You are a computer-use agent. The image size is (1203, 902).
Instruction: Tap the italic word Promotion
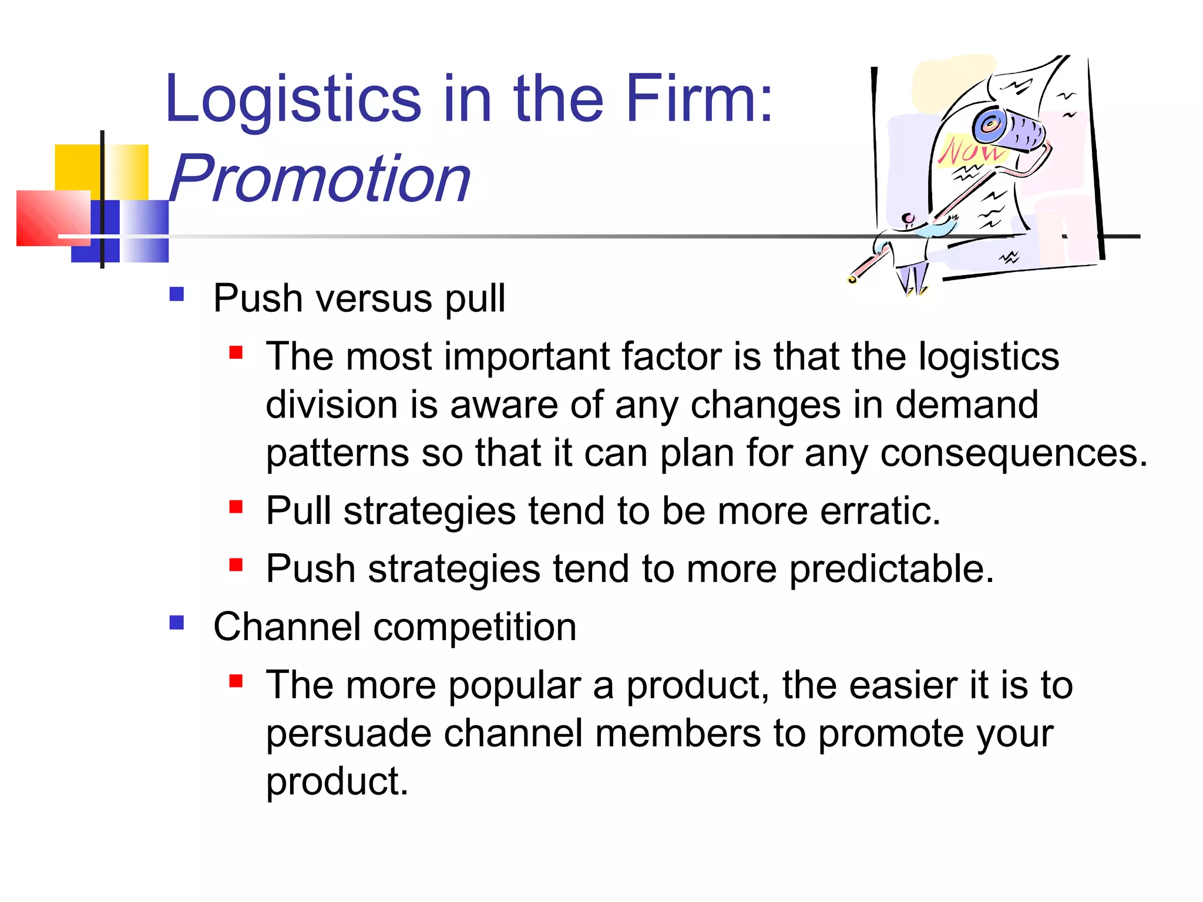[320, 179]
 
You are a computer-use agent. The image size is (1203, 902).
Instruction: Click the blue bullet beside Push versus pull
[177, 294]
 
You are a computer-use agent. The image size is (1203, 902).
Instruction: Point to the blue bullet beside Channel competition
[177, 622]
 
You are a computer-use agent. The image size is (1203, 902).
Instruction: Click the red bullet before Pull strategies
[236, 506]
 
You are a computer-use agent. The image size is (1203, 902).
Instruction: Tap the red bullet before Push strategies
[236, 564]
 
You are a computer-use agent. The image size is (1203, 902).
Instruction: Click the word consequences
[1013, 454]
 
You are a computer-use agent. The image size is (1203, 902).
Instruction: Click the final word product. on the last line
[337, 782]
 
